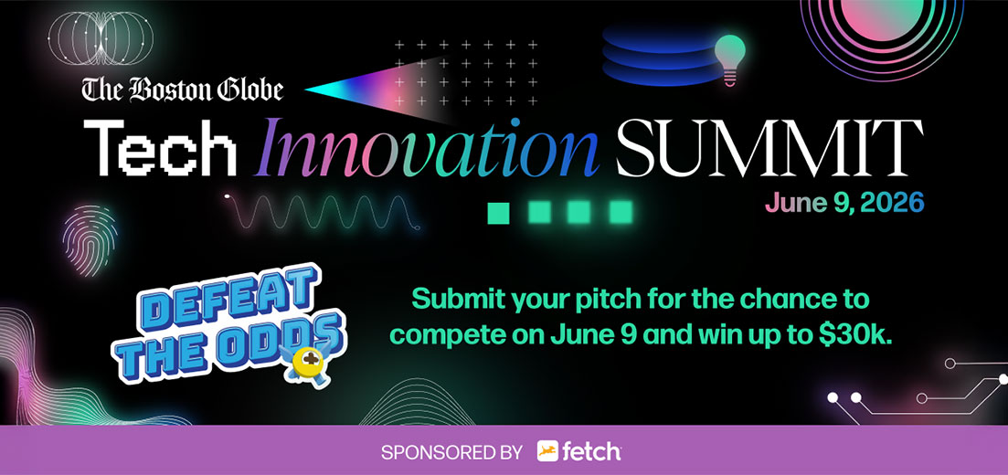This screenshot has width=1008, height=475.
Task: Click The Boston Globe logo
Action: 183,90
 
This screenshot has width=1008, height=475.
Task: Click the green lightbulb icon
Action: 729,57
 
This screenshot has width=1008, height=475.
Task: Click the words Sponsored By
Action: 451,451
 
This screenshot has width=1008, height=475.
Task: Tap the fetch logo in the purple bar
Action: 578,450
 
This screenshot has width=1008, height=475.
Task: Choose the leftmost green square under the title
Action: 498,212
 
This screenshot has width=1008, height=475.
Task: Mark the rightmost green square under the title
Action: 621,212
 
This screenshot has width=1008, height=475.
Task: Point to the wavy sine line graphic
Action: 324,213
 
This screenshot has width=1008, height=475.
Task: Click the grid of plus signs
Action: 465,73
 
